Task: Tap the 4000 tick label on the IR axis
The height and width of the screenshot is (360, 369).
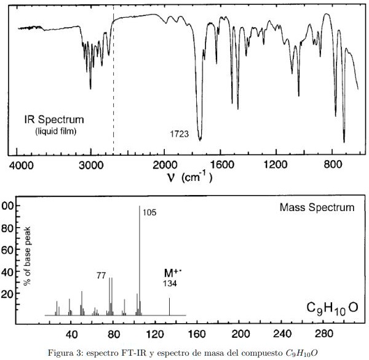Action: coord(22,166)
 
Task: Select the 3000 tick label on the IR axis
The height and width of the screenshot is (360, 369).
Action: coord(91,166)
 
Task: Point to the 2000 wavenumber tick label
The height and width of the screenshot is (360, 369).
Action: coord(165,166)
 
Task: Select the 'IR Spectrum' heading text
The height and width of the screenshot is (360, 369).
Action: coord(54,119)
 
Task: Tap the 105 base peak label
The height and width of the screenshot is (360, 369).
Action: coord(149,212)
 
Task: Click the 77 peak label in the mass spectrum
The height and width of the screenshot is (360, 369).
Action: coord(101,275)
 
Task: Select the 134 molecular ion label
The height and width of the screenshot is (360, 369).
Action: coord(170,283)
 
